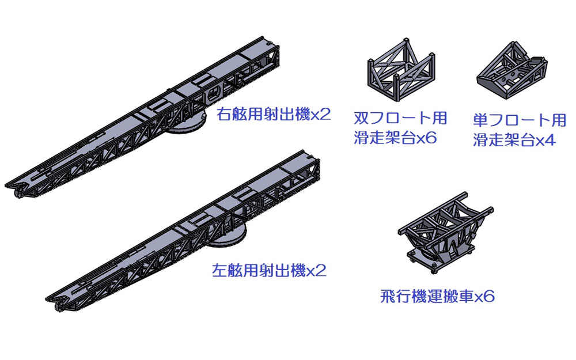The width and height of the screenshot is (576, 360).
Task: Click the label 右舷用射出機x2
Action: click(273, 114)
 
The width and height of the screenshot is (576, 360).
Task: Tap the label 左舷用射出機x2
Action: click(269, 271)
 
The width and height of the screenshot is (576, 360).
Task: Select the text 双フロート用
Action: click(400, 118)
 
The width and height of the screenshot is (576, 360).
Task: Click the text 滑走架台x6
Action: click(395, 138)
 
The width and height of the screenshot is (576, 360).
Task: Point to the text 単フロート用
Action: click(520, 120)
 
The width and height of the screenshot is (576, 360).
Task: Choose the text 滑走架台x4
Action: click(514, 140)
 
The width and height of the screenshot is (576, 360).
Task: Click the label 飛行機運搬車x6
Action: click(437, 296)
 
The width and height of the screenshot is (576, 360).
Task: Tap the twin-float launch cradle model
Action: click(401, 70)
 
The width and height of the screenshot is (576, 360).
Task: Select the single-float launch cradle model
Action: click(512, 70)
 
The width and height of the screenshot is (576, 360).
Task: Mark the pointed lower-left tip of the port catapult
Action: click(46, 298)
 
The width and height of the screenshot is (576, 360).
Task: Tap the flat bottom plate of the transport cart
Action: click(434, 259)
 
